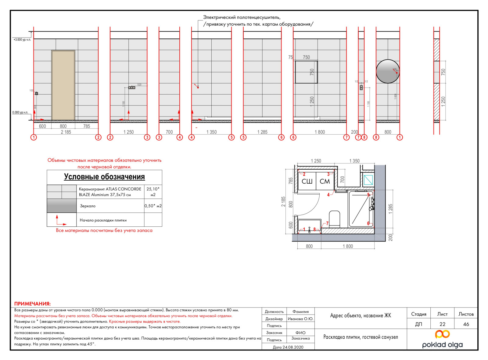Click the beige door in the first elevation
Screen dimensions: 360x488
click(63, 85)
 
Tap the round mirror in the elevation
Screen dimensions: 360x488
click(388, 71)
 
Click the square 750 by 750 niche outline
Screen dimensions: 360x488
click(306, 72)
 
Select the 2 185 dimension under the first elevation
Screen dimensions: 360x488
click(66, 132)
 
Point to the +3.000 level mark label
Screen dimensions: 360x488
click(22, 40)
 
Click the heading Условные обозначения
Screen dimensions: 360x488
click(104, 177)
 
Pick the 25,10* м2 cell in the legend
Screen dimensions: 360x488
click(153, 192)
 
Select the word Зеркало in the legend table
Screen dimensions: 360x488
click(88, 206)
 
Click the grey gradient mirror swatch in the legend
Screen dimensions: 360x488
click(62, 206)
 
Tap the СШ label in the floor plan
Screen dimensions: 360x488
click(307, 182)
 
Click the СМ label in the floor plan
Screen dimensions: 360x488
click(325, 182)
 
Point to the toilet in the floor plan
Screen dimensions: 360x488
click(335, 218)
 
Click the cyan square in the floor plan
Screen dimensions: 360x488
click(368, 180)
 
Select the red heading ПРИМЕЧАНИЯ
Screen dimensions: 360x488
click(32, 304)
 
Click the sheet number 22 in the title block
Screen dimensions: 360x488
click(442, 324)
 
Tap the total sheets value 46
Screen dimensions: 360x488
click(466, 324)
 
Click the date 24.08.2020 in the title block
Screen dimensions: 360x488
click(288, 347)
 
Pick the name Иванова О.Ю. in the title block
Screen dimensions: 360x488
click(300, 319)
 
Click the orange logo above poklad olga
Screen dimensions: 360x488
click(442, 334)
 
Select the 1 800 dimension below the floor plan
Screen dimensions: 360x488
click(348, 246)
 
